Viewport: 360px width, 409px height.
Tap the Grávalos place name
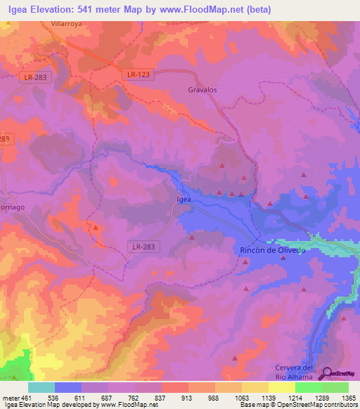(x=202, y=90)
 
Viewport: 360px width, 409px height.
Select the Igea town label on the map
(x=183, y=200)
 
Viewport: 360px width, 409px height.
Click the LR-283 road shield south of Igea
(x=146, y=247)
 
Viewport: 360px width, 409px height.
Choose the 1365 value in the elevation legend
(x=348, y=398)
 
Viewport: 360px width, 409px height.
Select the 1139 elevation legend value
(x=268, y=398)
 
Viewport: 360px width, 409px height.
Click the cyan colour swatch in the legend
(x=41, y=387)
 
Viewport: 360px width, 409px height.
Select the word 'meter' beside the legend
(x=10, y=398)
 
